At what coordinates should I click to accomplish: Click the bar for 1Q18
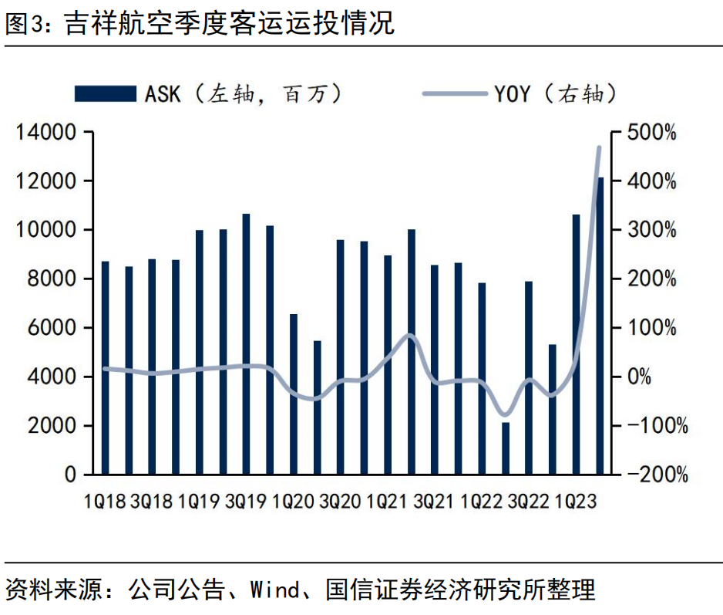[106, 368]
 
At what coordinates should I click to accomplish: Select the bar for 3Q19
[247, 344]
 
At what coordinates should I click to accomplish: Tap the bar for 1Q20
[294, 394]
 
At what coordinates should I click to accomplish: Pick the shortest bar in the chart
[506, 448]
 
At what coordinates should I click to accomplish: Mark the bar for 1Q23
[576, 344]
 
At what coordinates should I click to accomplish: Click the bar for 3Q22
[529, 377]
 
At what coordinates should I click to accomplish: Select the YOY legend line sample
[456, 94]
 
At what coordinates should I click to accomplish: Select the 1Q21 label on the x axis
[388, 502]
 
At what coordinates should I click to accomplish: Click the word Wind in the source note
[274, 591]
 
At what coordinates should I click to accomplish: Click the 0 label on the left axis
[71, 475]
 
